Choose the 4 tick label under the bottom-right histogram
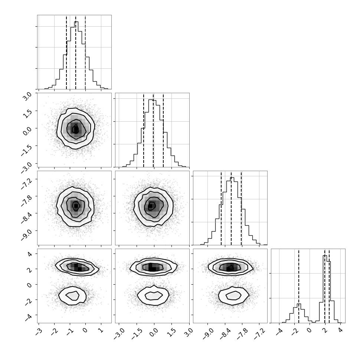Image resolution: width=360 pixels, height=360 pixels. (x=340, y=331)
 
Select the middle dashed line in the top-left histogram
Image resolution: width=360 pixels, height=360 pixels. (x=76, y=52)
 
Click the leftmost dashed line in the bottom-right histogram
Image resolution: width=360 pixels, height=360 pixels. (x=299, y=286)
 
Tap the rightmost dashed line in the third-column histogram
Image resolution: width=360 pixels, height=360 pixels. (x=241, y=208)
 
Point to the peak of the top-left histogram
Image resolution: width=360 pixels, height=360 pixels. (x=76, y=22)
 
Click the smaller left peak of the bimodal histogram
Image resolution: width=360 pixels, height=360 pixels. (x=299, y=304)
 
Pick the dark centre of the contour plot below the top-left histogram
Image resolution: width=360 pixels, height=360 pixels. (x=76, y=129)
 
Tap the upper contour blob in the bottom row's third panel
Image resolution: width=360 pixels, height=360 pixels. (x=230, y=267)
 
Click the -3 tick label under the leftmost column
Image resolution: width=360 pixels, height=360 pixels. (x=37, y=332)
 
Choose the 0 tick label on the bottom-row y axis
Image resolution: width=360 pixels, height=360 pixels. (x=29, y=285)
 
